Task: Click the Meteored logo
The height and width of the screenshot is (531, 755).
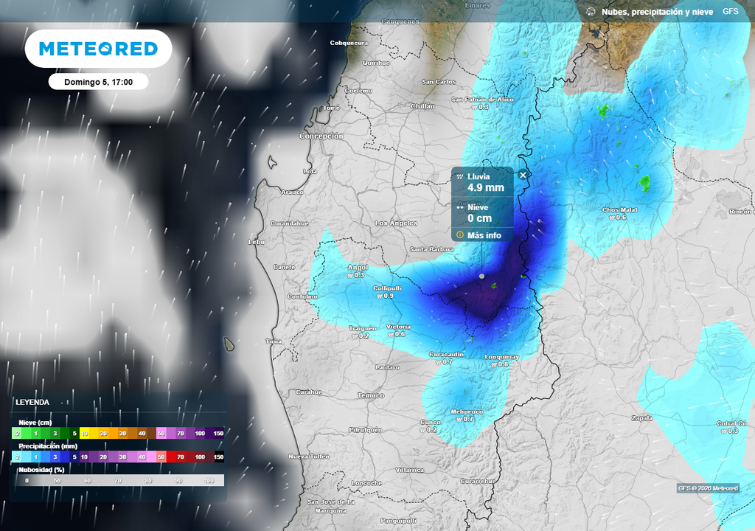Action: [98, 49]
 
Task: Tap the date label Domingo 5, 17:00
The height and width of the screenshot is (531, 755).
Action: [98, 82]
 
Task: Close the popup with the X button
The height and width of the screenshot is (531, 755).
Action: [523, 175]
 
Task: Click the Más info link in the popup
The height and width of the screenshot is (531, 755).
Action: [484, 235]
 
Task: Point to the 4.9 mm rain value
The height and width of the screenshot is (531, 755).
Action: [486, 188]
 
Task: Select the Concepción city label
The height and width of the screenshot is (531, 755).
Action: [321, 136]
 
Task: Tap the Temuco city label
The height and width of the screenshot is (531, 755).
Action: [371, 395]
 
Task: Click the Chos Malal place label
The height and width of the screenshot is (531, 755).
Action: [619, 210]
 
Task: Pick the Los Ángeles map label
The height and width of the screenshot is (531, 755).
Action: [396, 223]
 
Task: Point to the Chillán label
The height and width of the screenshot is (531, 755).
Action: [422, 106]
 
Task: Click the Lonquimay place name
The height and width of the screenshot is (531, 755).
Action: [501, 357]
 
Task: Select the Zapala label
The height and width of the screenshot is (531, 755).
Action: [642, 418]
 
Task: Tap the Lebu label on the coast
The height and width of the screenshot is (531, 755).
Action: [256, 241]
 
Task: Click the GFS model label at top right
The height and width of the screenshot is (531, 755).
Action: [730, 12]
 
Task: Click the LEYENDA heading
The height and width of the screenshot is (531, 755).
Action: [32, 402]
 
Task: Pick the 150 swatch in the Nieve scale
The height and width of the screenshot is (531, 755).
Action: [218, 434]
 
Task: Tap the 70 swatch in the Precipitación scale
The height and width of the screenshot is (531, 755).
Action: [181, 457]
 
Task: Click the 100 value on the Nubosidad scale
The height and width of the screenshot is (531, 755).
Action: [209, 481]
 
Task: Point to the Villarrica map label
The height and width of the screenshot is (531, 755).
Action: [409, 470]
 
